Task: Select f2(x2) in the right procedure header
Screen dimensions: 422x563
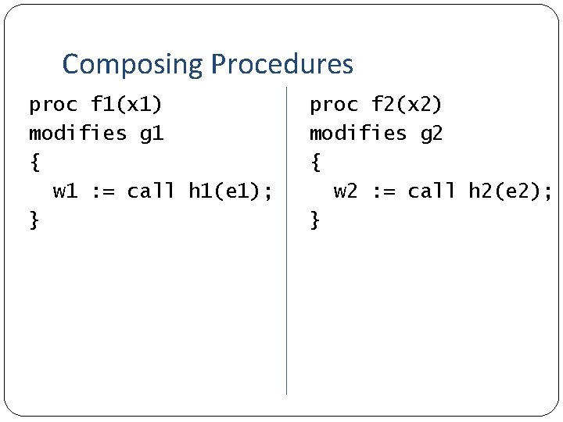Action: point(407,104)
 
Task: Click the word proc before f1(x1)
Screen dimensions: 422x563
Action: point(53,104)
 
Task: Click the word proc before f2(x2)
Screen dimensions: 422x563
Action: point(334,104)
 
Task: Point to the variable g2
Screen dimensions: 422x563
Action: point(432,134)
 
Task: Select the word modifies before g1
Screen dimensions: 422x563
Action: point(77,134)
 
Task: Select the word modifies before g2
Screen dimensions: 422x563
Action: point(358,134)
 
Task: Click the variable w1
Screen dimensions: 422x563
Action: point(65,191)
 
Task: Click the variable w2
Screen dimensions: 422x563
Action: point(346,191)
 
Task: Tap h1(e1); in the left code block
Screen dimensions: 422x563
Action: point(231,191)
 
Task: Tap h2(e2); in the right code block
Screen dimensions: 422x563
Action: point(511,191)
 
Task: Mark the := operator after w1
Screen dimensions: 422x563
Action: point(102,191)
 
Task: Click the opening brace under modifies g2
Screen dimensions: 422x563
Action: point(315,163)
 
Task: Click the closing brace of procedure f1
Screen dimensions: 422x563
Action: point(34,220)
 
